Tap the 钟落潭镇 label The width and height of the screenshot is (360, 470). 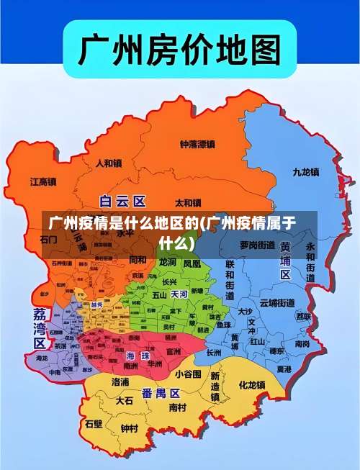point(197,144)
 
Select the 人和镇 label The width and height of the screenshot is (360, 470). point(109,163)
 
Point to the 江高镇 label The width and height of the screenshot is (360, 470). point(43,182)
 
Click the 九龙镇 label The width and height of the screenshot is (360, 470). point(306,172)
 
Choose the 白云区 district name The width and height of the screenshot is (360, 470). point(122,201)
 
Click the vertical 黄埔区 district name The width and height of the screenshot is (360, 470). point(285,261)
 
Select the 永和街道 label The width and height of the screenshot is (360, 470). point(310,261)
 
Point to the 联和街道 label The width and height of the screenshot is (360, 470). point(230,281)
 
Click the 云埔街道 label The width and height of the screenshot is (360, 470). point(277,302)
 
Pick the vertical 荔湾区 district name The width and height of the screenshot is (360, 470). point(40,329)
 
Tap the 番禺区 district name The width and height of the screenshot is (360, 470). point(161,393)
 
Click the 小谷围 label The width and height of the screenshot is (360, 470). point(188,374)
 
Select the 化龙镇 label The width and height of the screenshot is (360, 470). point(252,385)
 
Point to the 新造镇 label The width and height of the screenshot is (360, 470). point(215,387)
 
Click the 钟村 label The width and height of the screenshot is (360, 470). point(130,429)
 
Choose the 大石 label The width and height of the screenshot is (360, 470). point(125,399)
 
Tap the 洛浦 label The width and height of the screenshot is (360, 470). point(120,381)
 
